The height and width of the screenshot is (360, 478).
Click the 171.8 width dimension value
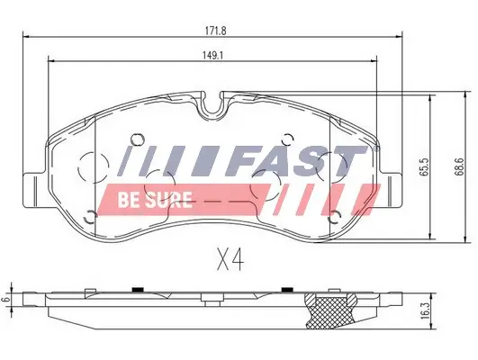[213, 30]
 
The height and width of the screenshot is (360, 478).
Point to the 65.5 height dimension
[418, 166]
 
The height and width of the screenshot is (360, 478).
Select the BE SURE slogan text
[152, 199]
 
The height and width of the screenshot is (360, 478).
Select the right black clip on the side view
[286, 289]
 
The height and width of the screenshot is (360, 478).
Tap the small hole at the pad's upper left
[137, 139]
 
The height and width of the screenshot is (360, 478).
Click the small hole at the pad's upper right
[286, 139]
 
